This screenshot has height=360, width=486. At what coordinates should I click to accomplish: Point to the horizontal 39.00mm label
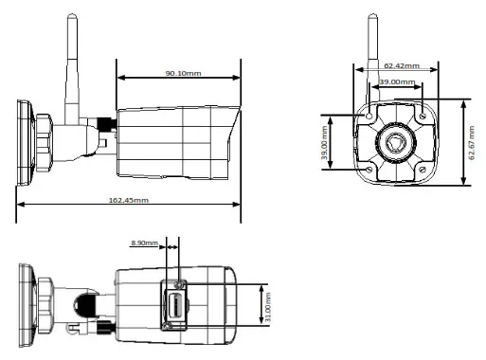click(395, 83)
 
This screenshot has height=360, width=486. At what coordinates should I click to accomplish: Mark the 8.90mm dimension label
click(143, 243)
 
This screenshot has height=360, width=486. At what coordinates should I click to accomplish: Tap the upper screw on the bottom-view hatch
click(180, 282)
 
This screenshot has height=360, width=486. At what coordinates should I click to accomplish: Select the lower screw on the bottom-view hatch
click(168, 326)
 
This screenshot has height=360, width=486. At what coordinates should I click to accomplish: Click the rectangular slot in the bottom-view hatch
click(176, 305)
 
